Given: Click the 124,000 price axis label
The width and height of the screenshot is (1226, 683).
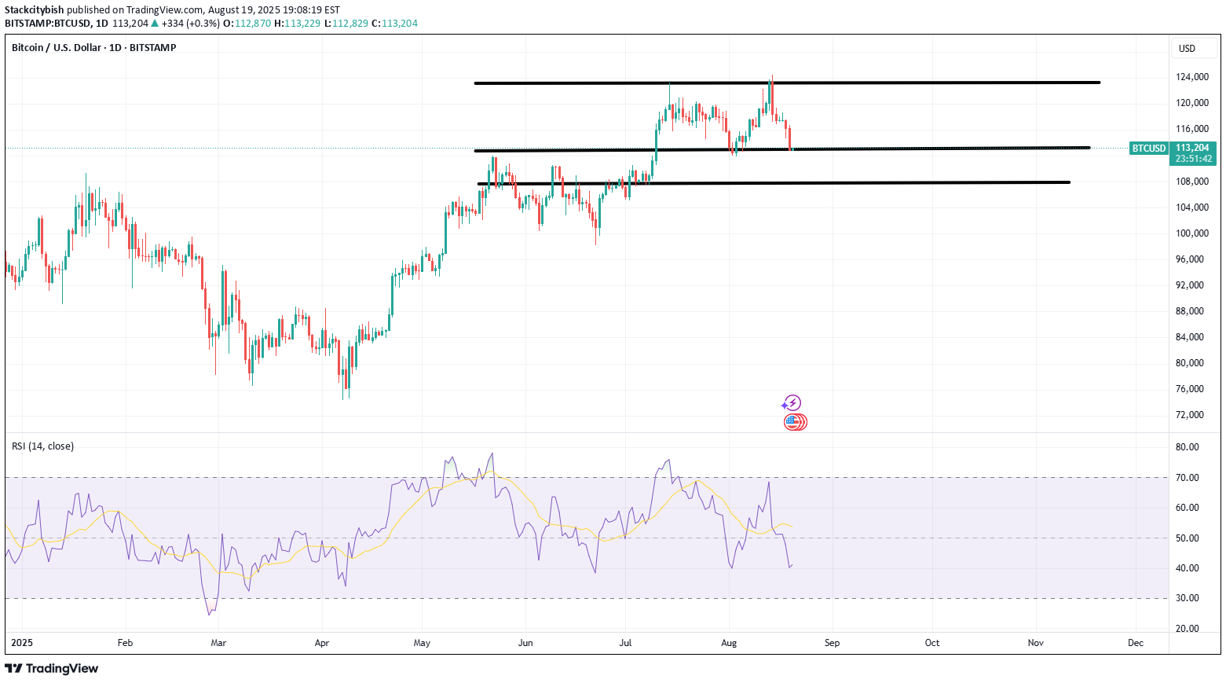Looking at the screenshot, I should (1191, 77).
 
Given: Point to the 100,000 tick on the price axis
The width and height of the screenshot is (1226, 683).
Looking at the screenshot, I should (1191, 233).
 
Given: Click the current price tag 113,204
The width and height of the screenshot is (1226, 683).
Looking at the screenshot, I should (1192, 148).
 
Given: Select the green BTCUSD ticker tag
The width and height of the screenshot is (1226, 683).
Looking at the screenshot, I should (1148, 149).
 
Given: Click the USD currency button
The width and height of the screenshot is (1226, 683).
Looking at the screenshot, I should (1187, 49).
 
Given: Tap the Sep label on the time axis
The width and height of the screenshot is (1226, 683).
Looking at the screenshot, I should (832, 643).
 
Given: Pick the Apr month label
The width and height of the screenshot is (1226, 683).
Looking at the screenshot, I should (321, 643).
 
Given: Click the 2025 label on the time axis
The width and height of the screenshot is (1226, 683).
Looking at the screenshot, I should (21, 643).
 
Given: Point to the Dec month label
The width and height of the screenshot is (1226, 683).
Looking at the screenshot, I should (1135, 643).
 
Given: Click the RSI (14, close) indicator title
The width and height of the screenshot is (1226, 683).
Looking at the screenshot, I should (43, 446).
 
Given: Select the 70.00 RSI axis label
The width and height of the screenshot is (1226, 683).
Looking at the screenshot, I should (1187, 478).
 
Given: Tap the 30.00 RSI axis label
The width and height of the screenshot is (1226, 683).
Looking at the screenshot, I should (1187, 598).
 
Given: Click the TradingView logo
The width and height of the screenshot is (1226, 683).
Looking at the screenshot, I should (52, 669).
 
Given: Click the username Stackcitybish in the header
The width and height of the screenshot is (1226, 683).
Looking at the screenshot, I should (34, 10).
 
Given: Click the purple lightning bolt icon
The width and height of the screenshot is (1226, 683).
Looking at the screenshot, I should (792, 403).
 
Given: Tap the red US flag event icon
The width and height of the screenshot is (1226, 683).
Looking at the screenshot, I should (794, 422).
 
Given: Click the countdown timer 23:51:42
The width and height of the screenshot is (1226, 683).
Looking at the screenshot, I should (1192, 159).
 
